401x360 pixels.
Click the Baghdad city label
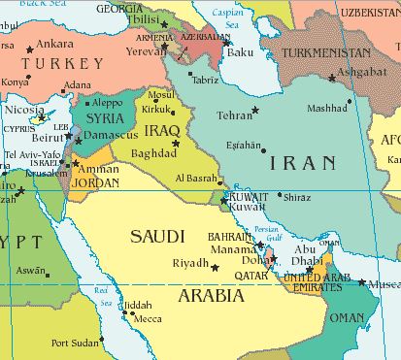coord(152,153)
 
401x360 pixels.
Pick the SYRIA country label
coord(105,117)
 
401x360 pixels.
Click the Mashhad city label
coord(325,109)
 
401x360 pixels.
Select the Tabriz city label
coord(205,80)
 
